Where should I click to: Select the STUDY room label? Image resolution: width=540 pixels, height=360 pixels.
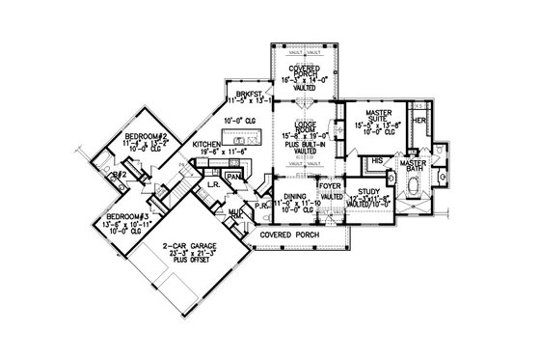coord(364,192)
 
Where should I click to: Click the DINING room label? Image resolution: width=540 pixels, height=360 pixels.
coord(296,193)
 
